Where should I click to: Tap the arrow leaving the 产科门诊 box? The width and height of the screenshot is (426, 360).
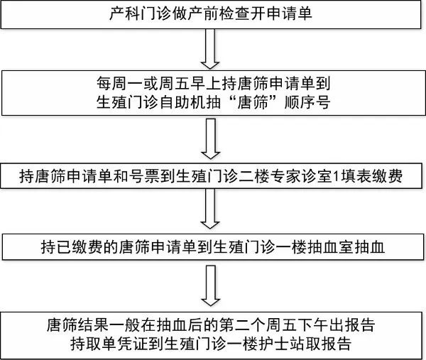210,49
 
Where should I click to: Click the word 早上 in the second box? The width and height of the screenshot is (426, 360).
206,83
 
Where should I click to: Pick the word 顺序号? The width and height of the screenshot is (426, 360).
307,102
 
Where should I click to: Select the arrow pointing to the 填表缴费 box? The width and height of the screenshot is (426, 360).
210,138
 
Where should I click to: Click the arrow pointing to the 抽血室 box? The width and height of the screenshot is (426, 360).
210,209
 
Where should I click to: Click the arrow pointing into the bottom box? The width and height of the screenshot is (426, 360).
210,285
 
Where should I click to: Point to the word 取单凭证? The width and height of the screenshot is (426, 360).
117,344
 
